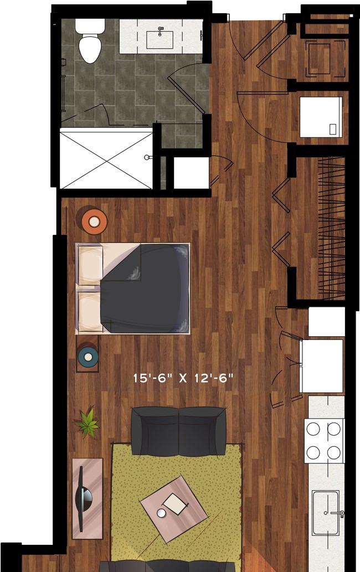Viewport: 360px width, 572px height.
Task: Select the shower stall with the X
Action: [106, 160]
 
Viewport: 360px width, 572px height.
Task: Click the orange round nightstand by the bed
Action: [94, 220]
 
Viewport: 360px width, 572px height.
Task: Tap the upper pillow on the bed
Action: [90, 265]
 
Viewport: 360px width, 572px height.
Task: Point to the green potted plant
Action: [88, 422]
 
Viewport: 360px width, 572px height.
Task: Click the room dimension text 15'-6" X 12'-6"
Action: [183, 378]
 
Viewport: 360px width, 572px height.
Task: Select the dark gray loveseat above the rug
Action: [178, 431]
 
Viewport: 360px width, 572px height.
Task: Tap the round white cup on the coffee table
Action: [161, 513]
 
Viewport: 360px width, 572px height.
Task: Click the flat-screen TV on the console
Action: [83, 498]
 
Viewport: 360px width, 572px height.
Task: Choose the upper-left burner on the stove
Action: [313, 429]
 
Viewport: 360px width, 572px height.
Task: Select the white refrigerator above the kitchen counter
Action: [322, 365]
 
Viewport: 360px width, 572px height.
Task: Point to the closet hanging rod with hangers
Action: [332, 228]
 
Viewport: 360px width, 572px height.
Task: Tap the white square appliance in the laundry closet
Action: [321, 117]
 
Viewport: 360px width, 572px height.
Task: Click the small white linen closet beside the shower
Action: [191, 173]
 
